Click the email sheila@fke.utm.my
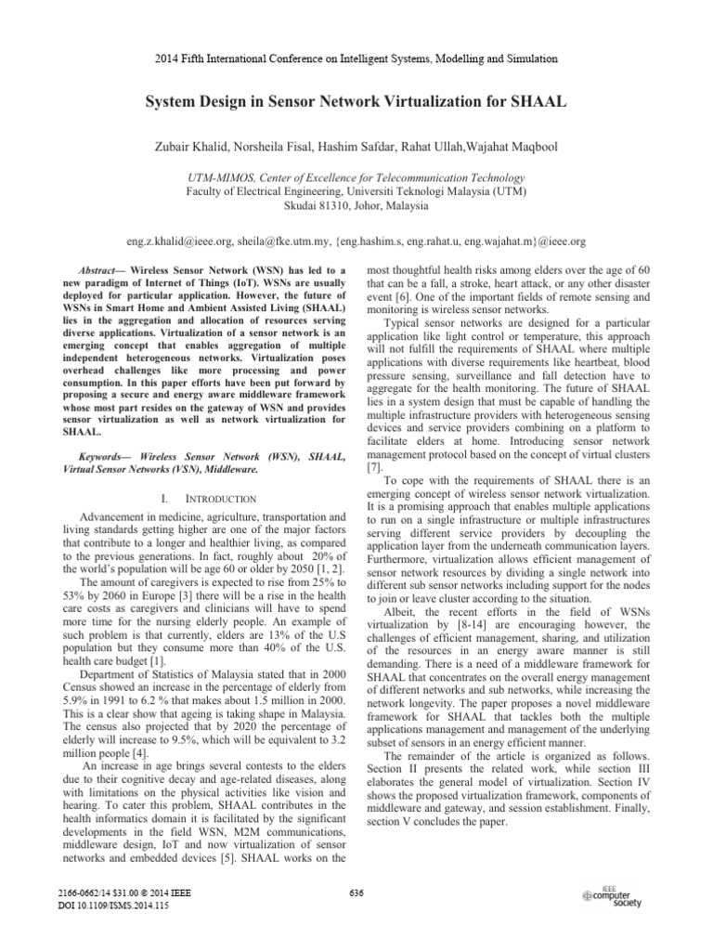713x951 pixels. pos(292,241)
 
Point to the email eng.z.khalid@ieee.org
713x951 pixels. pos(180,241)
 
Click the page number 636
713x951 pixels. pos(356,893)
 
